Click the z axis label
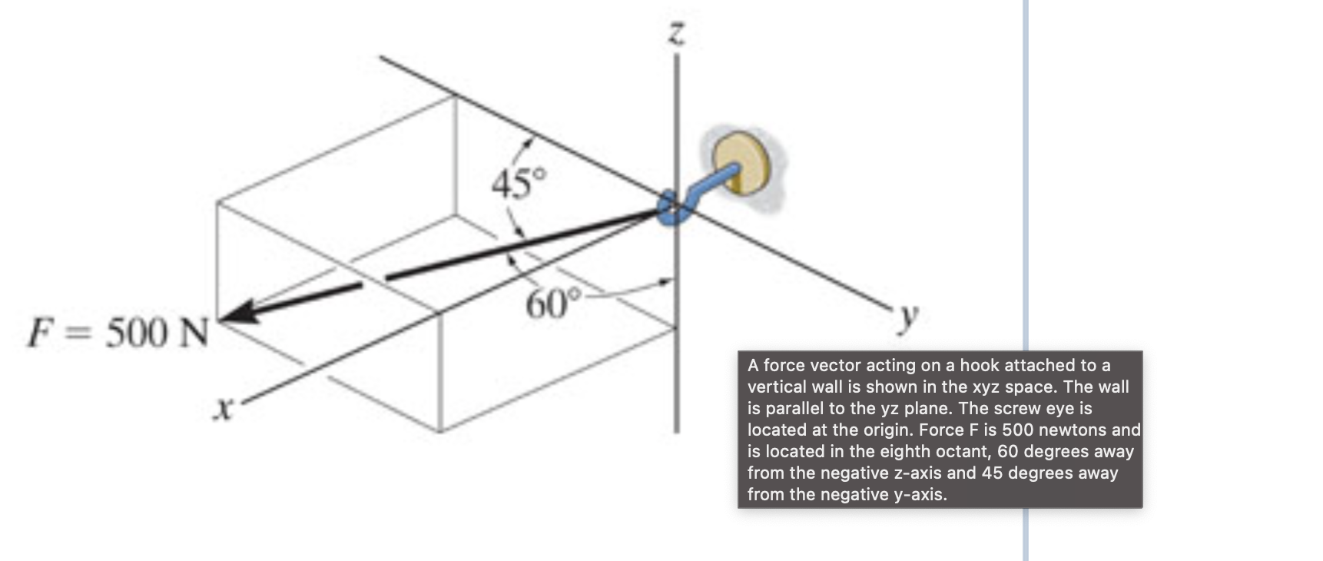676,35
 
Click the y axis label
909,316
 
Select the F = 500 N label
118,333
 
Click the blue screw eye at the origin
670,207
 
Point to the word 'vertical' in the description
777,387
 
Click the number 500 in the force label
137,333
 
